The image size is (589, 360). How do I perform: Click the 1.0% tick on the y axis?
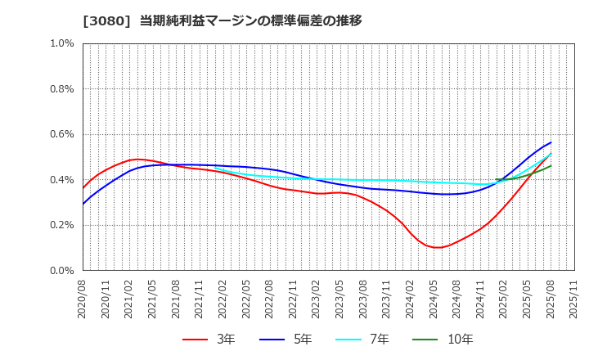click(x=62, y=43)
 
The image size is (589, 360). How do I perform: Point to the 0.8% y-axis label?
click(x=62, y=89)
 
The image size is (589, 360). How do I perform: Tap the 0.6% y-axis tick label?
click(x=62, y=134)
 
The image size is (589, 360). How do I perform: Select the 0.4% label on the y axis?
click(x=62, y=180)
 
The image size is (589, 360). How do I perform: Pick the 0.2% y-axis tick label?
click(x=62, y=225)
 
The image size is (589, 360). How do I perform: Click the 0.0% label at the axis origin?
click(x=62, y=271)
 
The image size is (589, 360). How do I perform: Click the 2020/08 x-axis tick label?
click(x=83, y=300)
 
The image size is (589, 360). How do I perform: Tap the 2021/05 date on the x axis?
click(x=153, y=300)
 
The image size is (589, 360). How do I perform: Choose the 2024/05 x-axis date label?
click(x=434, y=300)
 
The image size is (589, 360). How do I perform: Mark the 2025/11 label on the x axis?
click(x=574, y=300)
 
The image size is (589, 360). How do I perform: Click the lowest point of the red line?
click(x=438, y=247)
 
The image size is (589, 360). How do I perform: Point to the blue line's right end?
click(x=551, y=142)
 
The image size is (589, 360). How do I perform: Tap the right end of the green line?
click(x=551, y=166)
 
